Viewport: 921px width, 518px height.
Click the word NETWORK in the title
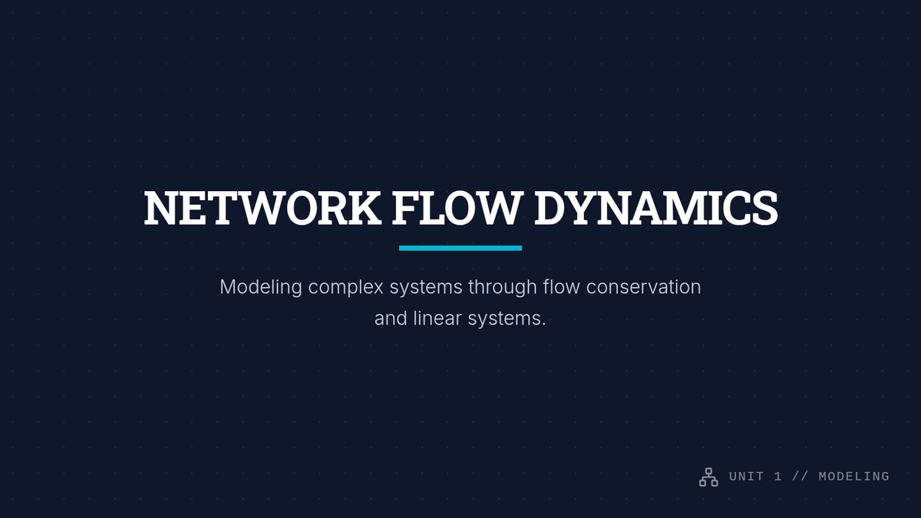(262, 208)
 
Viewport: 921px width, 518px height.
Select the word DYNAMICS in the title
(655, 208)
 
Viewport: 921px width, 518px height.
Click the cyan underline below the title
(460, 248)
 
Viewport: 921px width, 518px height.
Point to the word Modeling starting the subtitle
(261, 287)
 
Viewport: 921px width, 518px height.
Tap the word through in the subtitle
(503, 287)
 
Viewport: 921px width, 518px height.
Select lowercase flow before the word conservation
(562, 287)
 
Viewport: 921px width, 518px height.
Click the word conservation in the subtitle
(643, 287)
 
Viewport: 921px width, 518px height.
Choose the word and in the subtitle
(390, 318)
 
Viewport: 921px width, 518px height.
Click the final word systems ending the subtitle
(509, 318)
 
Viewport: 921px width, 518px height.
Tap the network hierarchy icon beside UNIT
(708, 477)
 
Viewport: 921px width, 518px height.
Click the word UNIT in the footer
(747, 477)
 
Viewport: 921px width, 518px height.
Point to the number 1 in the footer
(778, 477)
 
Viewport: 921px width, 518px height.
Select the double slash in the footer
(800, 477)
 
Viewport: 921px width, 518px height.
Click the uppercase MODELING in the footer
(853, 477)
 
